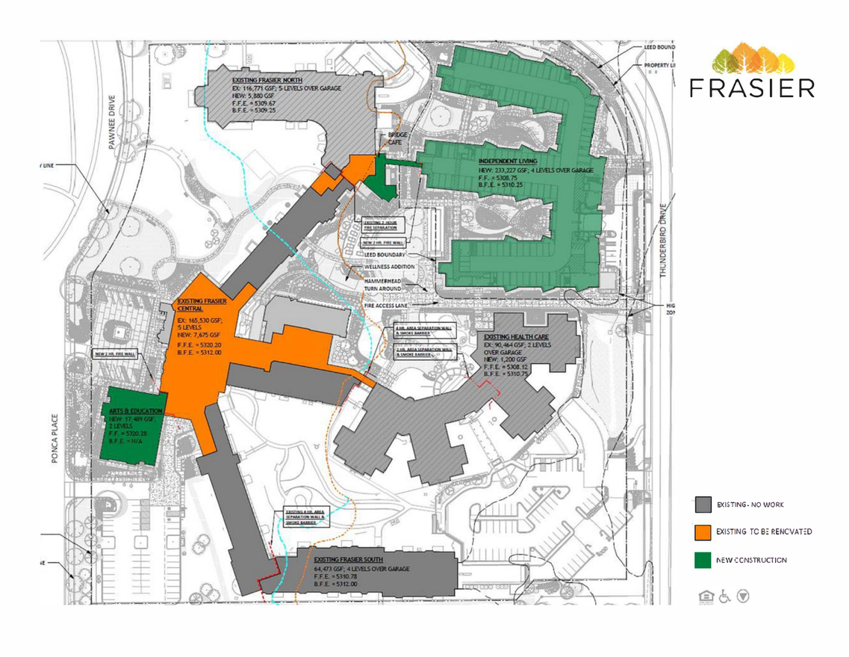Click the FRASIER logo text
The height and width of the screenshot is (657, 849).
[x=751, y=88]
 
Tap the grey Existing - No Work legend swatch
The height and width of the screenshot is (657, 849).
[x=702, y=505]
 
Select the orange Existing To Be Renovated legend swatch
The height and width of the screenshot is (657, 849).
[x=702, y=532]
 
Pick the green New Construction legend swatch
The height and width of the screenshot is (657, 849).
[x=702, y=559]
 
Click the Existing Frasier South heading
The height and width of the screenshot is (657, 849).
[x=349, y=559]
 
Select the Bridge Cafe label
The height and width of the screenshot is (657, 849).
[x=395, y=140]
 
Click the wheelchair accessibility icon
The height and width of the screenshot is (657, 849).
[x=724, y=596]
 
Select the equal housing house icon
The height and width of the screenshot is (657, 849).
[x=704, y=596]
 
